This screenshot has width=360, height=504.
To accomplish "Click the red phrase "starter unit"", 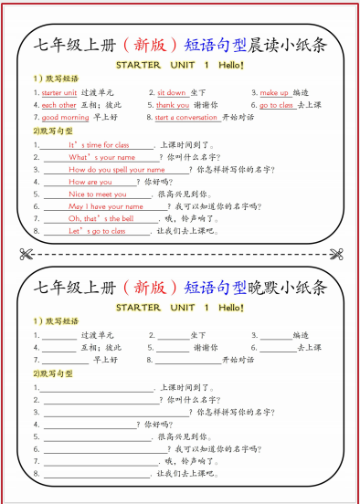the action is pos(59,92).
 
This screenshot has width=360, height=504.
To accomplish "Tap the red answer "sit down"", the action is pos(171,92).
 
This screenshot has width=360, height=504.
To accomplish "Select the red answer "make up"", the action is pos(274,92).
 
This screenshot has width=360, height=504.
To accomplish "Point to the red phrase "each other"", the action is pos(59,105).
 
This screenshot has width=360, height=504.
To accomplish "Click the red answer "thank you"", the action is pos(173,105).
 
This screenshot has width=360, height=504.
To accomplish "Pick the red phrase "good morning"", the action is pos(66,118).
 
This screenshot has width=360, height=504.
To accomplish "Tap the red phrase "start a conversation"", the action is pos(187,118).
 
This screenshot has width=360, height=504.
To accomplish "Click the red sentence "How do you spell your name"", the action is pos(116,170).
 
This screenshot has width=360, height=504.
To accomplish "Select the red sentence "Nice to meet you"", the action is pos(98,194).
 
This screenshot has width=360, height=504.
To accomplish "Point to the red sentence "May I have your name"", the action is pos(106,206).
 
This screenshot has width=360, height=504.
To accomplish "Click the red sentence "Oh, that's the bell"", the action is pos(101,219).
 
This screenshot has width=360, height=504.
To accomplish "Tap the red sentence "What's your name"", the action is pos(101,157).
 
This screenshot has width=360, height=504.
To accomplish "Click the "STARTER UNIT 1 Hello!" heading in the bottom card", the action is pos(180,308).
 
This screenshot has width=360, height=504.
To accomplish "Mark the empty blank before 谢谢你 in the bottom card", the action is pos(173,348).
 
